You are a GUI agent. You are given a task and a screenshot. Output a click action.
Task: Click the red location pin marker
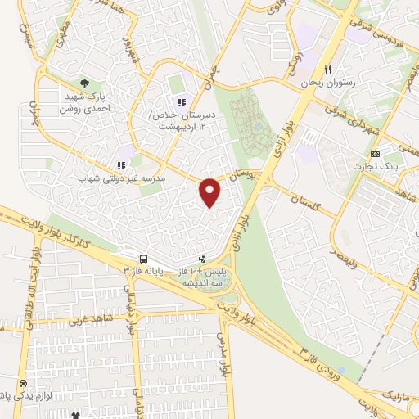pyautogui.click(x=210, y=191)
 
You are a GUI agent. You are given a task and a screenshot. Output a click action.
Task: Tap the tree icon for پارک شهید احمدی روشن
pyautogui.click(x=84, y=83)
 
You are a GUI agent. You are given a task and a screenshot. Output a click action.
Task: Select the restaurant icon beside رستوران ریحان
pyautogui.click(x=328, y=70)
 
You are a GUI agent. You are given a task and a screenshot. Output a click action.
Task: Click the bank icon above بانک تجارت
pyautogui.click(x=375, y=154)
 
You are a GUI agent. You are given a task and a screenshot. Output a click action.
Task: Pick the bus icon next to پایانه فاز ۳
pyautogui.click(x=143, y=256)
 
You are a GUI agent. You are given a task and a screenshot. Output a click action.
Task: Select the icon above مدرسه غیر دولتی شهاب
pyautogui.click(x=121, y=164)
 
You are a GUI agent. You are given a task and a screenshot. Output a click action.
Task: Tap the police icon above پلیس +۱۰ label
pyautogui.click(x=203, y=258)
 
